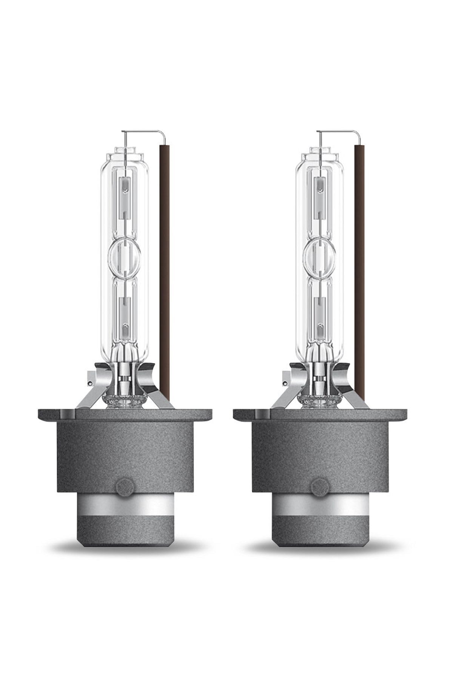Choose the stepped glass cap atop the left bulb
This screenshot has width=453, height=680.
[x=125, y=155]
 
